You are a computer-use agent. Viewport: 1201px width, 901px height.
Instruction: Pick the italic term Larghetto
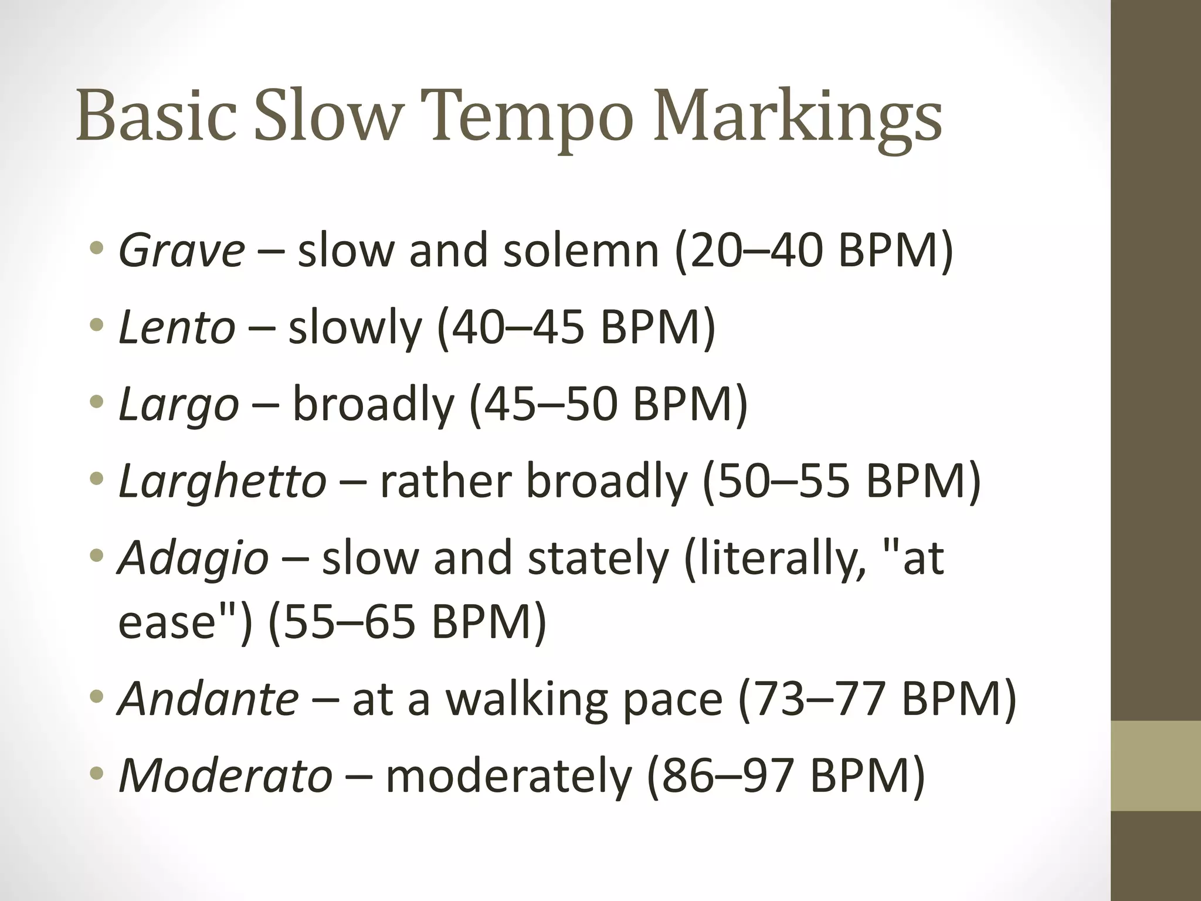[x=222, y=481]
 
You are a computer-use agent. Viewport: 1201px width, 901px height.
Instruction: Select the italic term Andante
[x=209, y=699]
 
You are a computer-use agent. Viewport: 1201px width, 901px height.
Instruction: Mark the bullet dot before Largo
[x=97, y=402]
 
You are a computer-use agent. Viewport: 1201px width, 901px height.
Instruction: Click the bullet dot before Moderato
[x=97, y=773]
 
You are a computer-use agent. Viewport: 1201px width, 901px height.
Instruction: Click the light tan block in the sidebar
[x=1156, y=765]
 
